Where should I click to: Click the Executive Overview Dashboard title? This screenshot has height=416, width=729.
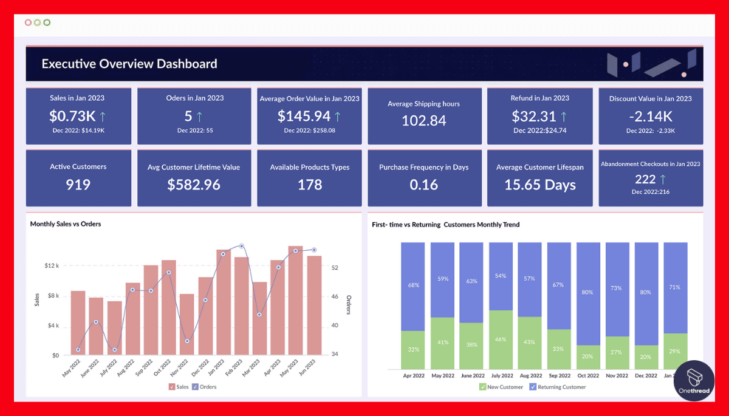129,64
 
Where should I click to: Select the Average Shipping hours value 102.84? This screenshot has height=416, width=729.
424,120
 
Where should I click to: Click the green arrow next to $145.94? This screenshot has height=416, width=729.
338,115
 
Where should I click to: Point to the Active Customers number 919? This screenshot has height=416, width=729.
78,185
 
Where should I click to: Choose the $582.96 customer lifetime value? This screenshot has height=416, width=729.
193,185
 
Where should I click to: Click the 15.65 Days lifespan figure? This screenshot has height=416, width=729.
540,185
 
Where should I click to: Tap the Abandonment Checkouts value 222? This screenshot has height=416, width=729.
645,179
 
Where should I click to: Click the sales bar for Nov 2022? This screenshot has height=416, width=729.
187,324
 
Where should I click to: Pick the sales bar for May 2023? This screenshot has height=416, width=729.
295,300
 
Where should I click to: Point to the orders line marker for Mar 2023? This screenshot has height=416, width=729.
259,315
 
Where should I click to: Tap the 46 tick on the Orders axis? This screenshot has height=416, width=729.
334,296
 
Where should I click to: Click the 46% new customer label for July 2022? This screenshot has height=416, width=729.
500,339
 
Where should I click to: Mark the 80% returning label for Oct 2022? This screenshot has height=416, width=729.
587,292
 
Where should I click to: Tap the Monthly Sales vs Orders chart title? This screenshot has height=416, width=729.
66,224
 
